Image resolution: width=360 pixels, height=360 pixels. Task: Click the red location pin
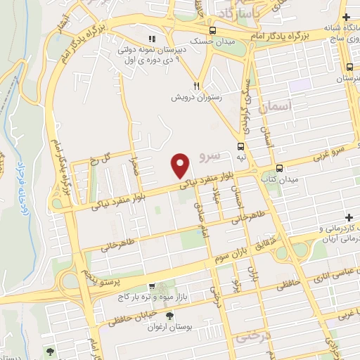(x=181, y=166)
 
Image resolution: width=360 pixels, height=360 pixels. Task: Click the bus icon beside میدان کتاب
(x=280, y=168)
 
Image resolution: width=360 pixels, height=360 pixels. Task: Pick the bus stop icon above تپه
(x=241, y=147)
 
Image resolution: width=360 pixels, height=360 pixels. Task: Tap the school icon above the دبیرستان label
(x=152, y=39)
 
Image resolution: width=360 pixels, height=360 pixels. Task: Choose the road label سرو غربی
(x=336, y=155)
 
